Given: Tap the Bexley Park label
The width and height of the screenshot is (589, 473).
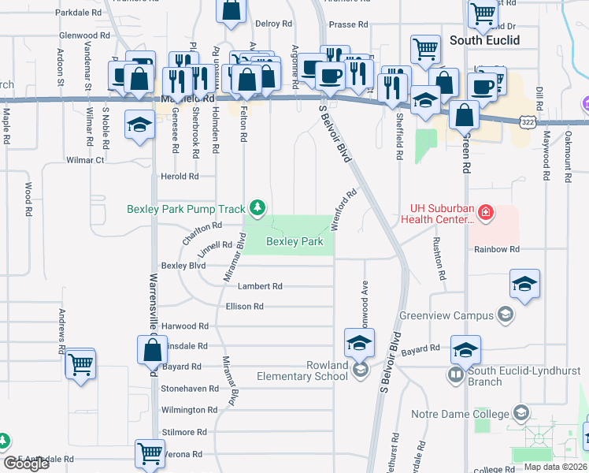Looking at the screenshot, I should point(294,242).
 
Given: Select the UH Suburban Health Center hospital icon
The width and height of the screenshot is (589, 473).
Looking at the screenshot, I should point(486,213).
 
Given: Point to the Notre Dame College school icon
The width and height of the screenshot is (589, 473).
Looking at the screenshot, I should point(520,413).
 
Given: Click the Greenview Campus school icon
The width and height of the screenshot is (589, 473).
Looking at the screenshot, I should point(505,316).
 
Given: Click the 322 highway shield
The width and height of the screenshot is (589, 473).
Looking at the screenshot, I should point(528,121).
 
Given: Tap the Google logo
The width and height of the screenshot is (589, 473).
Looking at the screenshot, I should point(27,464).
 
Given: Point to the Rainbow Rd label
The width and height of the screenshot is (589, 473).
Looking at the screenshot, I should point(497,249).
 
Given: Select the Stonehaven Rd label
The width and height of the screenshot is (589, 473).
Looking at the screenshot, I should point(189,389).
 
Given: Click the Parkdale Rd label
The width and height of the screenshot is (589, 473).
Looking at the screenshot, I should point(80,13).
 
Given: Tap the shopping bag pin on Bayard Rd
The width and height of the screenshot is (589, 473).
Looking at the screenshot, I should point(151,349).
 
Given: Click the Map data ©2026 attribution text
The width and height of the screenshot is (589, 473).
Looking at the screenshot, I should point(555,467).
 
